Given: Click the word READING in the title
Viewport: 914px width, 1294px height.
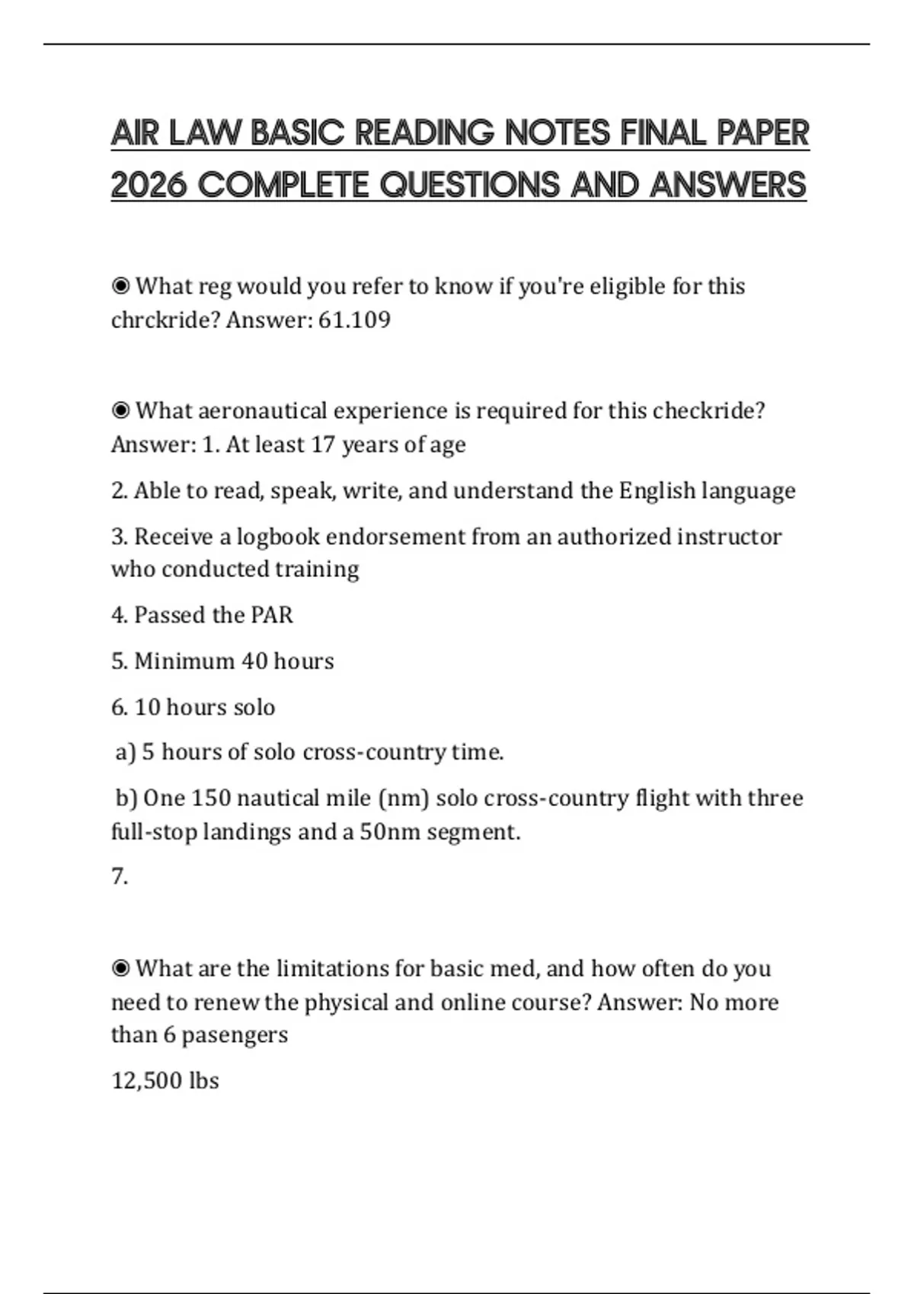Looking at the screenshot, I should click(x=424, y=133).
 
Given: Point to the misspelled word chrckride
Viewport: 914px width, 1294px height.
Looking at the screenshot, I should click(x=165, y=320).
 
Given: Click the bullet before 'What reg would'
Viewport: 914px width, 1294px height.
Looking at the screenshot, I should click(x=120, y=286).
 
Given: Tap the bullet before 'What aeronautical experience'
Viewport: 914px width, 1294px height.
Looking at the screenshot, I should click(x=120, y=411).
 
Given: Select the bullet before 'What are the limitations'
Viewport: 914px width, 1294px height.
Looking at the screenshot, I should click(x=120, y=968).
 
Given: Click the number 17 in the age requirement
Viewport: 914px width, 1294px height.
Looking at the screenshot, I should click(x=323, y=445).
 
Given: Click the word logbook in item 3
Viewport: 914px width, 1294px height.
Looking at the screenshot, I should click(x=278, y=537).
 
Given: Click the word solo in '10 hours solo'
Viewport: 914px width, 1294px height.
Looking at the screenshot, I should click(x=254, y=707).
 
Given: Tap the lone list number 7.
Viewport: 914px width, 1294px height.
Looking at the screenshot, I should click(x=120, y=877).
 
